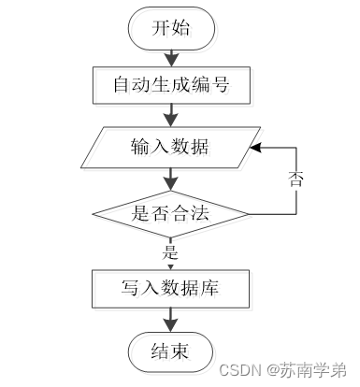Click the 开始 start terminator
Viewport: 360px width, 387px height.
pos(171,28)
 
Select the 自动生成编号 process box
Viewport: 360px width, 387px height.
pos(171,85)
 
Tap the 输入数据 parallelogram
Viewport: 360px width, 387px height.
pos(171,148)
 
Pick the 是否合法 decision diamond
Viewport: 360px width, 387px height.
pos(170,214)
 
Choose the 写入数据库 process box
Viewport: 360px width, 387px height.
pos(170,289)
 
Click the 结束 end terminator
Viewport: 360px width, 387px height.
pos(171,351)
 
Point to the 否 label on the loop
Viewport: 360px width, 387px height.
pos(295,179)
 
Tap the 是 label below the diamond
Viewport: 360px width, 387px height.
pos(170,252)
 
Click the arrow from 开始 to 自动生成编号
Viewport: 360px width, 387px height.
pos(171,58)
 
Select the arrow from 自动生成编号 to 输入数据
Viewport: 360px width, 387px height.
pos(171,115)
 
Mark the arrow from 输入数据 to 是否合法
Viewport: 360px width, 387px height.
pos(171,179)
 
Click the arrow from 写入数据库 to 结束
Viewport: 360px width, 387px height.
pos(171,320)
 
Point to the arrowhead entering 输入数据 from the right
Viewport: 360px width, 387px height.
pos(255,148)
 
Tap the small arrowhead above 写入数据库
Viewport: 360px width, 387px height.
pos(170,267)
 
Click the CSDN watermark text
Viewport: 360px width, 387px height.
pos(240,370)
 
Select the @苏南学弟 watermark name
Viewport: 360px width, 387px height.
pos(307,370)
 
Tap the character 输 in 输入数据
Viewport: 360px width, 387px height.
pos(140,147)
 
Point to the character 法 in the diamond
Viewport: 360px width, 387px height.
pos(199,214)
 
